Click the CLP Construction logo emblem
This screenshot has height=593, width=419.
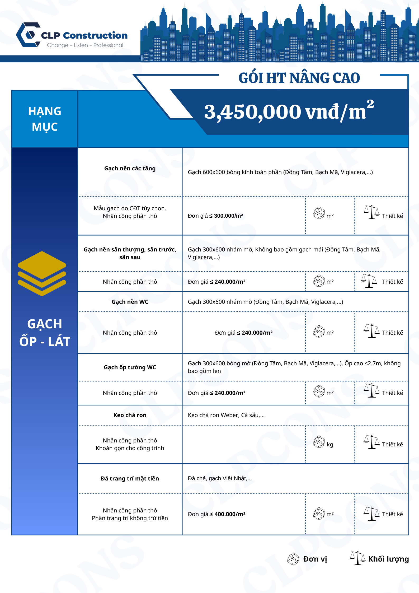(29, 35)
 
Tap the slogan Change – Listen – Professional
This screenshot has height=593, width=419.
(85, 45)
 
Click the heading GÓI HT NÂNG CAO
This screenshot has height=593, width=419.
(299, 78)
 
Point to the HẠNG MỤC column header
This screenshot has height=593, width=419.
(45, 119)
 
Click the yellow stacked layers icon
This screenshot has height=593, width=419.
(42, 273)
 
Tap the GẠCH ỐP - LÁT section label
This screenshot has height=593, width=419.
(45, 333)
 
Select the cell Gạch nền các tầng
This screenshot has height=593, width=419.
(130, 169)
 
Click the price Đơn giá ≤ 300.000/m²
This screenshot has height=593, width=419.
(215, 216)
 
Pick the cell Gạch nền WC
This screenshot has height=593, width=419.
(130, 302)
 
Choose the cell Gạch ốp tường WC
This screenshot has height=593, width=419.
(130, 367)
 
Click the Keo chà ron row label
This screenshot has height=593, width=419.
(130, 415)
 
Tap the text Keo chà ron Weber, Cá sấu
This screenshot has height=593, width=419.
(226, 415)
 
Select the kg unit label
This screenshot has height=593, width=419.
(330, 444)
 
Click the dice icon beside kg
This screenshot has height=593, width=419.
(319, 442)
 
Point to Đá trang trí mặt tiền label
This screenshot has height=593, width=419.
(130, 478)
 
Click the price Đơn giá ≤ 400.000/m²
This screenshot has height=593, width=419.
(216, 514)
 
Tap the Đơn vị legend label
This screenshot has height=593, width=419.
(315, 559)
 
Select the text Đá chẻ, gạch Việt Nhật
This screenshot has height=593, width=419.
(220, 478)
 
